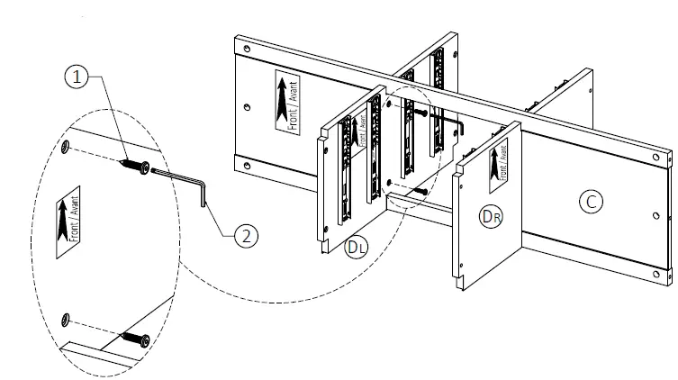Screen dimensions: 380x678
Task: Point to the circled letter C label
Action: pyautogui.click(x=589, y=203)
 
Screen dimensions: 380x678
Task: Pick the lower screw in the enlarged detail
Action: pyautogui.click(x=134, y=339)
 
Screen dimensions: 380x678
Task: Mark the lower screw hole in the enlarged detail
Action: pyautogui.click(x=66, y=319)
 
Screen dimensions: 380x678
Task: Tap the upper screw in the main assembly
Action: pyautogui.click(x=420, y=113)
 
